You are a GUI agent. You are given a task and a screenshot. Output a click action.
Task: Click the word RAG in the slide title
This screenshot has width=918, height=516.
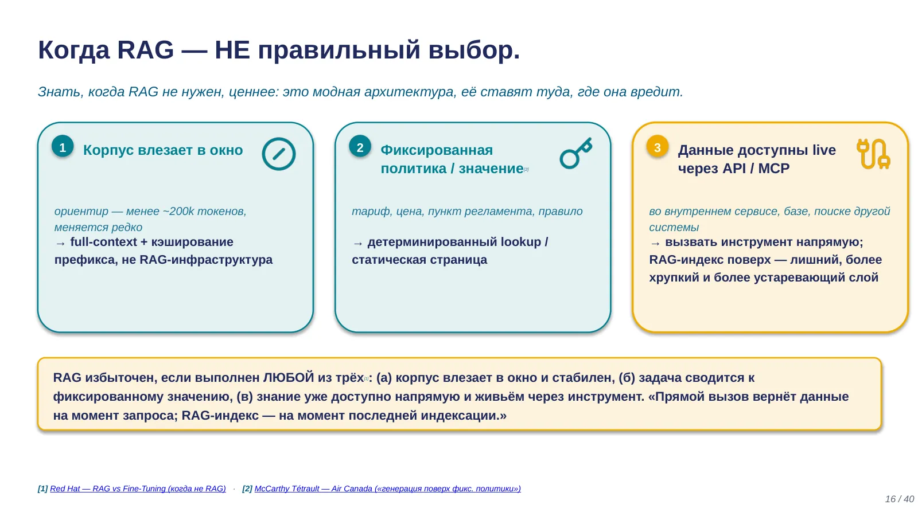(x=146, y=50)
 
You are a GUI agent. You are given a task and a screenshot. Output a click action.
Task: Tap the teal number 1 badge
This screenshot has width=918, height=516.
(x=63, y=147)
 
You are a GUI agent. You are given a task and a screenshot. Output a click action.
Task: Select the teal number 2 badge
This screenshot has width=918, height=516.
(x=360, y=147)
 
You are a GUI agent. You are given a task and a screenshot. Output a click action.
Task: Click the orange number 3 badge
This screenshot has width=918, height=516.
(x=658, y=147)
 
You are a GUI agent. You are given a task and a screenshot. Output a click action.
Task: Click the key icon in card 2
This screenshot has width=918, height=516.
(x=576, y=153)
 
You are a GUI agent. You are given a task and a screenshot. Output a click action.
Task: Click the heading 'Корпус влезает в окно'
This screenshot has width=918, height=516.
(x=163, y=150)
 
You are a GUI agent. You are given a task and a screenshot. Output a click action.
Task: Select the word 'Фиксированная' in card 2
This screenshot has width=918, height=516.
(x=437, y=150)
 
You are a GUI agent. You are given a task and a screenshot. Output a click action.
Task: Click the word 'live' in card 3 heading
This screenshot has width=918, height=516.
(x=824, y=150)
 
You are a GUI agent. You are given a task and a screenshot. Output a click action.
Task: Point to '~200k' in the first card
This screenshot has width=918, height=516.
(x=178, y=212)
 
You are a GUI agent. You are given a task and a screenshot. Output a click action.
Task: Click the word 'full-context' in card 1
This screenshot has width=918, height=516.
(x=103, y=242)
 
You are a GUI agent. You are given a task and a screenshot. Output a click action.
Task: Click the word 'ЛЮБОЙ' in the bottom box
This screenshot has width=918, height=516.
(x=289, y=378)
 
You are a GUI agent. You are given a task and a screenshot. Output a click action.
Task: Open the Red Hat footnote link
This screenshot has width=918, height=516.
(x=138, y=488)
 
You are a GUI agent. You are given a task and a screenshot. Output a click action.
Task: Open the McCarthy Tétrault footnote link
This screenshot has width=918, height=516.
(x=388, y=488)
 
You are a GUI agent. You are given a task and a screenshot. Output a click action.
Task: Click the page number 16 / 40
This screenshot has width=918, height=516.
(x=899, y=499)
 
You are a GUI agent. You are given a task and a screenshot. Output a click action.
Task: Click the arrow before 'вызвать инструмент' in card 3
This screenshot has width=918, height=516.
(x=655, y=243)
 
